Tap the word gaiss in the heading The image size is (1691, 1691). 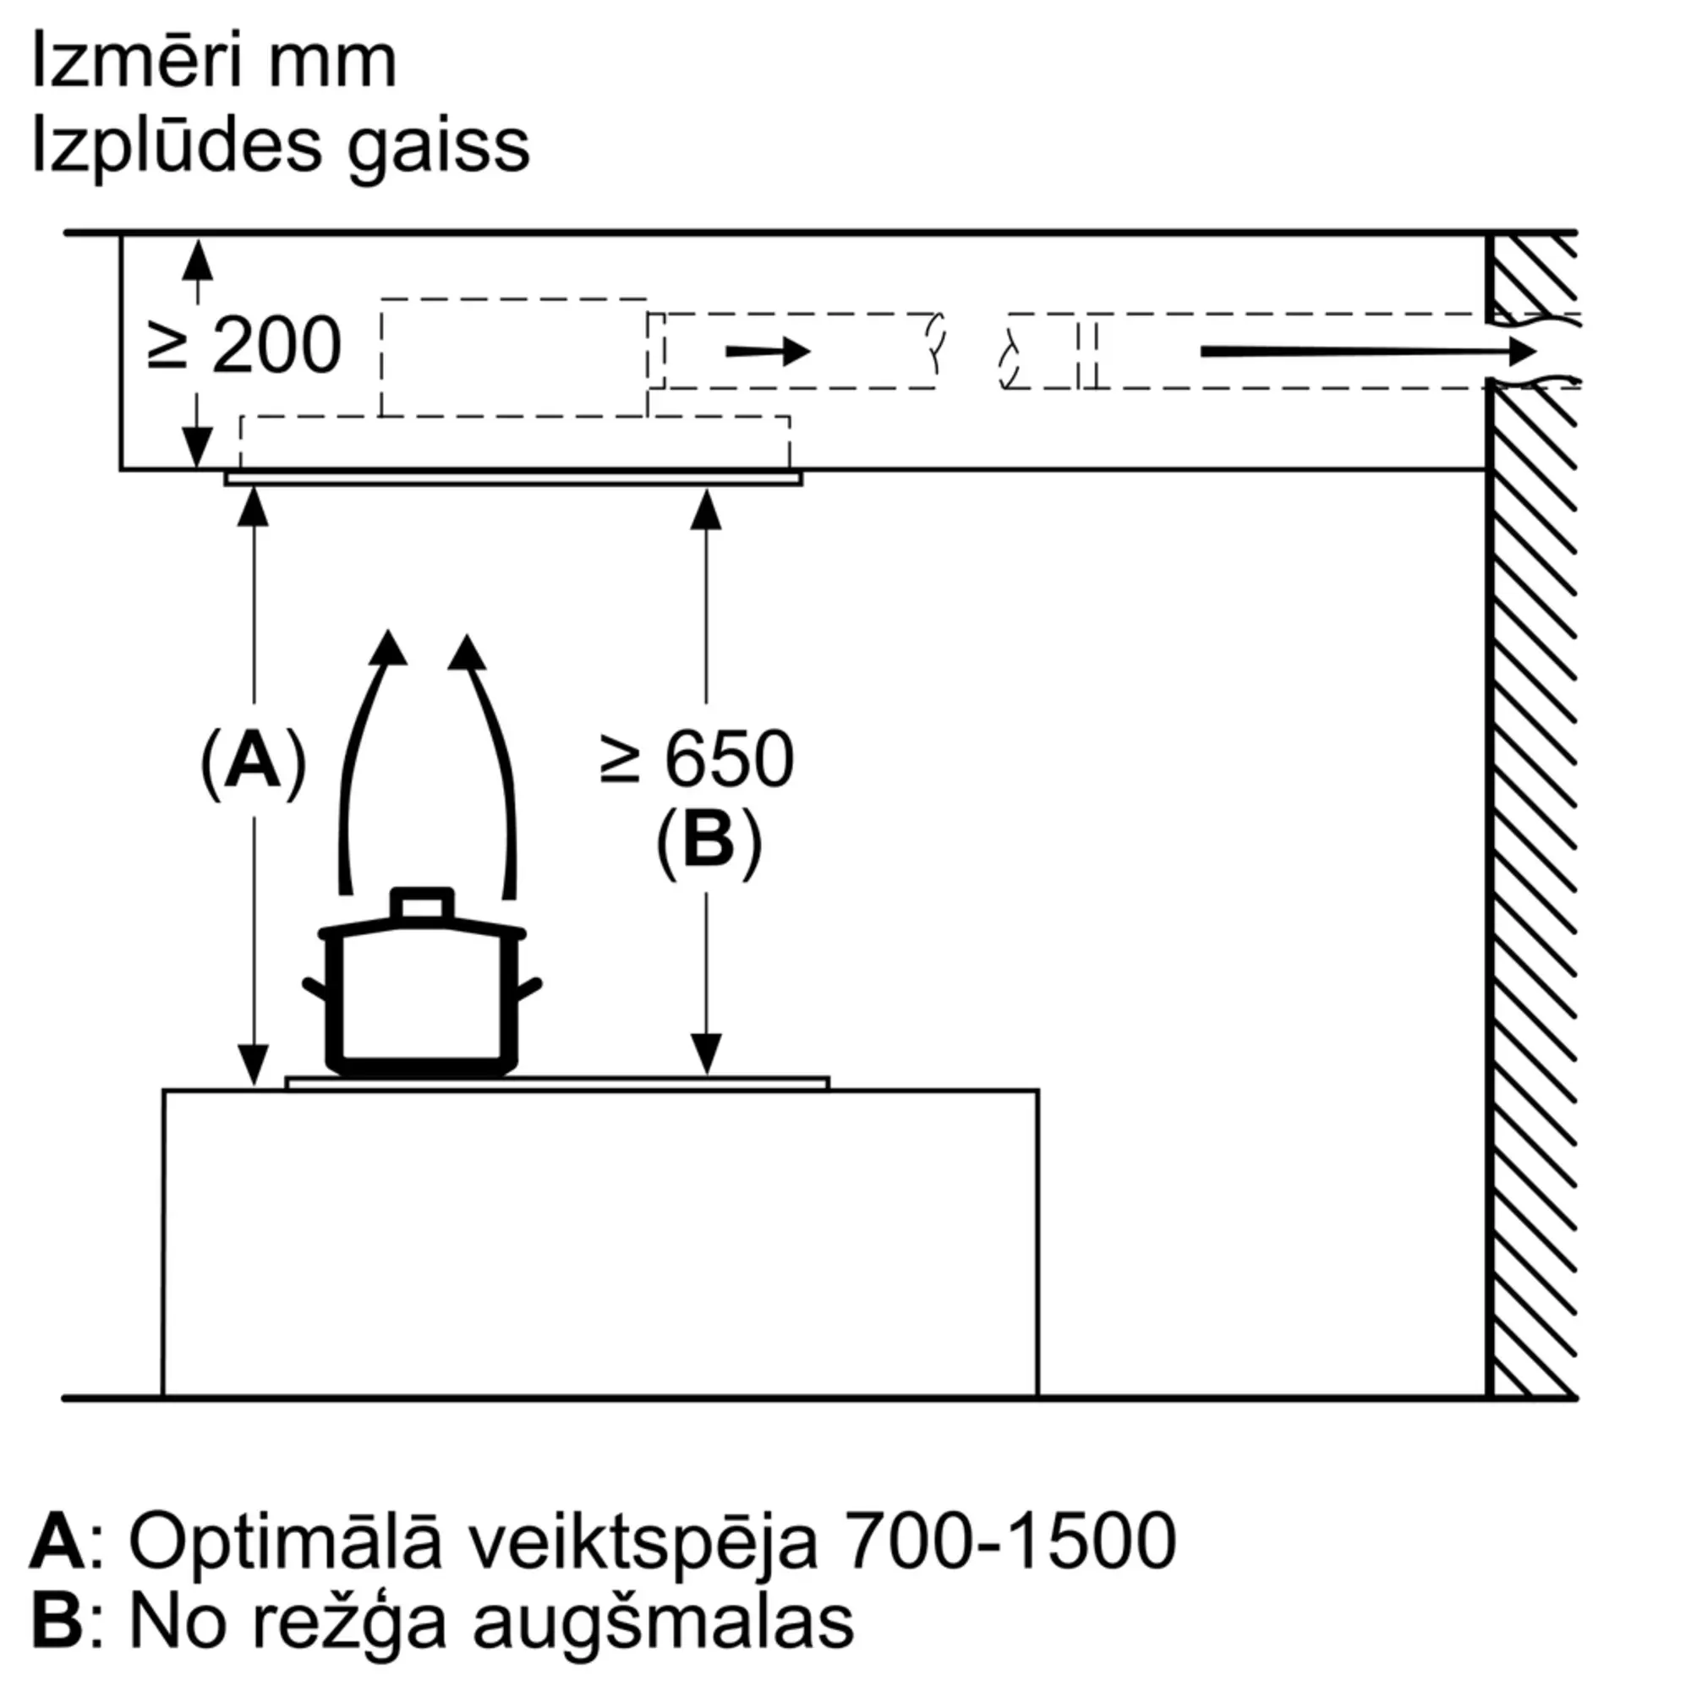tap(438, 147)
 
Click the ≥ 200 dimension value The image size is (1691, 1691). tap(245, 345)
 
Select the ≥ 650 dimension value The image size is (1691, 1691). tap(698, 758)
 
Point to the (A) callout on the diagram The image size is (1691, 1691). tap(253, 761)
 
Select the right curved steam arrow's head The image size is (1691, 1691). tap(467, 652)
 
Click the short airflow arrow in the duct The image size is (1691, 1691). tap(769, 352)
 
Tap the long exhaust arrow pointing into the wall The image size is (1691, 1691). tap(1368, 352)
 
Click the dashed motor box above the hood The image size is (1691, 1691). tap(515, 357)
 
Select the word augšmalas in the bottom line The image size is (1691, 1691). tap(664, 1623)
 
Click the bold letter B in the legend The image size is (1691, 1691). tap(57, 1622)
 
